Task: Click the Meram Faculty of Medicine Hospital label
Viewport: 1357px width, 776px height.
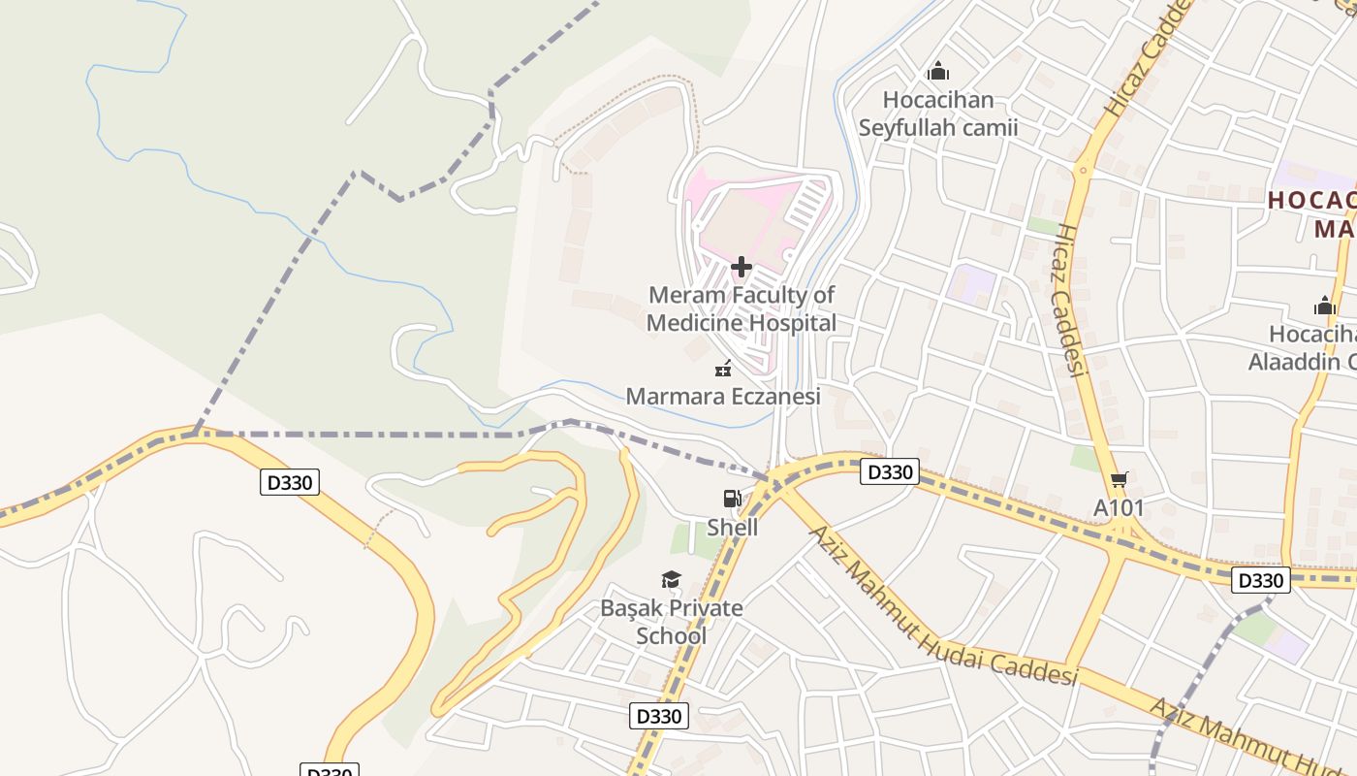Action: coord(742,308)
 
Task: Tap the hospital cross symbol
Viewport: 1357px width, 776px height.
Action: coord(742,267)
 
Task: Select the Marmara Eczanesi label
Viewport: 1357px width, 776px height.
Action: coord(723,396)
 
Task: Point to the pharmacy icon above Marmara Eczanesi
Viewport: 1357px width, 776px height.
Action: coord(722,369)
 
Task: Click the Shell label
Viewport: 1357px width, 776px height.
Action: coord(732,528)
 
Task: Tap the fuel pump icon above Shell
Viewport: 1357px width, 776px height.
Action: coord(732,500)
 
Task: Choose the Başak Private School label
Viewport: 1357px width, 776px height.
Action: coord(672,622)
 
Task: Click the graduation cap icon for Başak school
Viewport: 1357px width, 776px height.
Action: coord(671,580)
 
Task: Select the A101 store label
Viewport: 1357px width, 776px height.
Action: coord(1119,507)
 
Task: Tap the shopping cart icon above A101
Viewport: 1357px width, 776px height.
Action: coord(1120,479)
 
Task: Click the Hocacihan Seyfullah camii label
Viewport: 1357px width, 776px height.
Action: coord(937,113)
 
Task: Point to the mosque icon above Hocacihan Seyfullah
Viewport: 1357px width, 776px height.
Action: coord(937,72)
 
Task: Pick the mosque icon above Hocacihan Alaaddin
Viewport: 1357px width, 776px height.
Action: coord(1324,307)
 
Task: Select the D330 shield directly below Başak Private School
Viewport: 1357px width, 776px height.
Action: coord(659,717)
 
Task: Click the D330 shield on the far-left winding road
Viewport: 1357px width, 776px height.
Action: coord(289,482)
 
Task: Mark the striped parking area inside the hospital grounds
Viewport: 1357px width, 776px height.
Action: coord(806,205)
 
